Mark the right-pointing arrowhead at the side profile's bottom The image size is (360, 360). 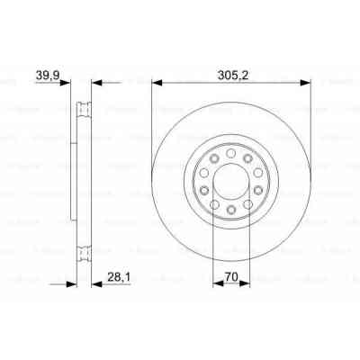70,285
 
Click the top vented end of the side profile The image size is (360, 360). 85,111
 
